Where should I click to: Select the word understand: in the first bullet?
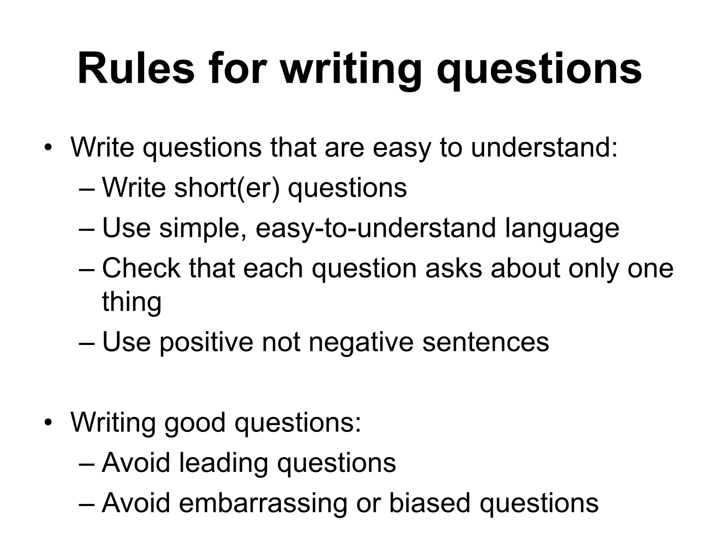(544, 147)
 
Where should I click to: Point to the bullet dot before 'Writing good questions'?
(48, 422)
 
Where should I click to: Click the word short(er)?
(227, 188)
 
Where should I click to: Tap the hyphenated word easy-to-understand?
(375, 228)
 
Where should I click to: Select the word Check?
(141, 268)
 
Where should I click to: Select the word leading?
(224, 463)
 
